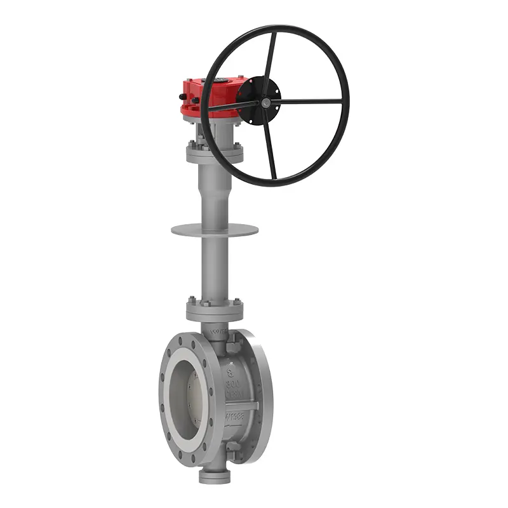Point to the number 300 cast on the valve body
point(234,384)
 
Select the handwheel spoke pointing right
point(311,101)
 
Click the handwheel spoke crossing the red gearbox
point(232,105)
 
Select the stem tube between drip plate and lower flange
point(215,267)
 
